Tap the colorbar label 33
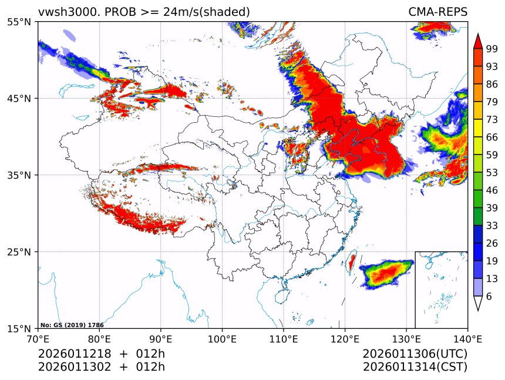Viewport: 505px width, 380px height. click(491, 225)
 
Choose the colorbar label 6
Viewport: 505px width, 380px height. click(489, 297)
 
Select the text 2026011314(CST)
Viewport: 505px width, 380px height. click(415, 367)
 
